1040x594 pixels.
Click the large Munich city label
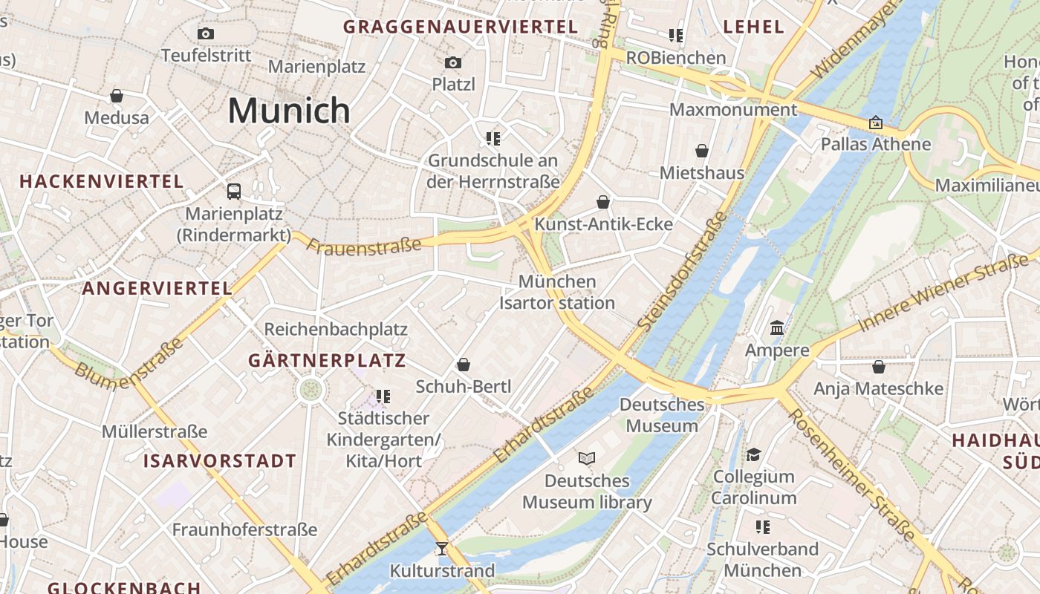(x=289, y=111)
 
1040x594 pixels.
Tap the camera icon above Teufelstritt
(x=206, y=33)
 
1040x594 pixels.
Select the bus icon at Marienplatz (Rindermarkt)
(x=234, y=192)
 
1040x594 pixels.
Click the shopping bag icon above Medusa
(x=117, y=96)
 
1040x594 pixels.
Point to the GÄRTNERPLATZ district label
(x=327, y=361)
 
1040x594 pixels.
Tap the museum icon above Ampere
(x=777, y=327)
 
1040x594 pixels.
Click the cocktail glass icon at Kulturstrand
(x=442, y=549)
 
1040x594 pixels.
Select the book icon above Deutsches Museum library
(x=587, y=458)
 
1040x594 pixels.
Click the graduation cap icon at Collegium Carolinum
(x=754, y=454)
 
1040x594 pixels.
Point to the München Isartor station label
(x=557, y=292)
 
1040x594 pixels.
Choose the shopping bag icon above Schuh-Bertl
(x=464, y=365)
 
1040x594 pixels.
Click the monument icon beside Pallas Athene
(x=876, y=123)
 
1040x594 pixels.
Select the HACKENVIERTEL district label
(x=102, y=181)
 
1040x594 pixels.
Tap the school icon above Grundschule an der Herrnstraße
(x=493, y=138)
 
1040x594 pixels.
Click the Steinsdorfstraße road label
(x=683, y=270)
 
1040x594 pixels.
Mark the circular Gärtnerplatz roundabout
(x=311, y=389)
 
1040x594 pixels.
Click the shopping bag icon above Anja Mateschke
(x=879, y=367)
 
